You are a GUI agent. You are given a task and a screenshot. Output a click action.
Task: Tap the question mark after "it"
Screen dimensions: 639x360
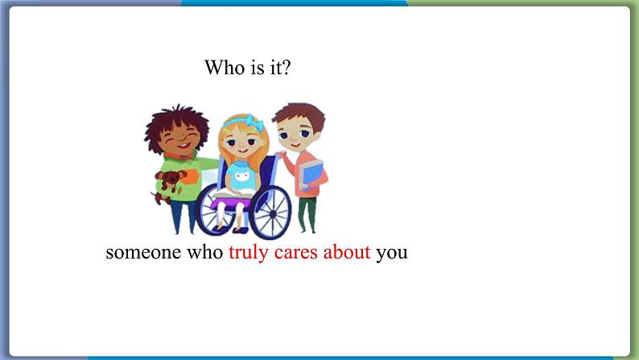coord(287,68)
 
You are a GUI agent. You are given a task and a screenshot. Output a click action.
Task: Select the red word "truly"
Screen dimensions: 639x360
coord(249,253)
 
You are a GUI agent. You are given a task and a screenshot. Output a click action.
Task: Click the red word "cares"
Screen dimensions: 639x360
coord(296,254)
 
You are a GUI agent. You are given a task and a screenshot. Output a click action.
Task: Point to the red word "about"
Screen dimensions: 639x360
coord(347,252)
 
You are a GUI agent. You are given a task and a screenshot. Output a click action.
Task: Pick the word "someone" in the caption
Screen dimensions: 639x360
coord(143,254)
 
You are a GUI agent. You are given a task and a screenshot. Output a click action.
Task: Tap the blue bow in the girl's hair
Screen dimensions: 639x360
coord(254,122)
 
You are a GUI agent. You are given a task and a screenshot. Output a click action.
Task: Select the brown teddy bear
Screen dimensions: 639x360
coord(168,184)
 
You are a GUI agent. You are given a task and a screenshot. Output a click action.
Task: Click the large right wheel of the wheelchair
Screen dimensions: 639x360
coord(270,212)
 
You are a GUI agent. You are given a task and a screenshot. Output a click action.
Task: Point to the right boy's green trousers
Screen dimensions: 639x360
coord(307,214)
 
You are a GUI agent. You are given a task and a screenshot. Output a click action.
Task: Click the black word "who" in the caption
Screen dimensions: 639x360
coord(204,252)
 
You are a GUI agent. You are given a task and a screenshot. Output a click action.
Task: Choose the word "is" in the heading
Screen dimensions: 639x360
coord(258,68)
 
